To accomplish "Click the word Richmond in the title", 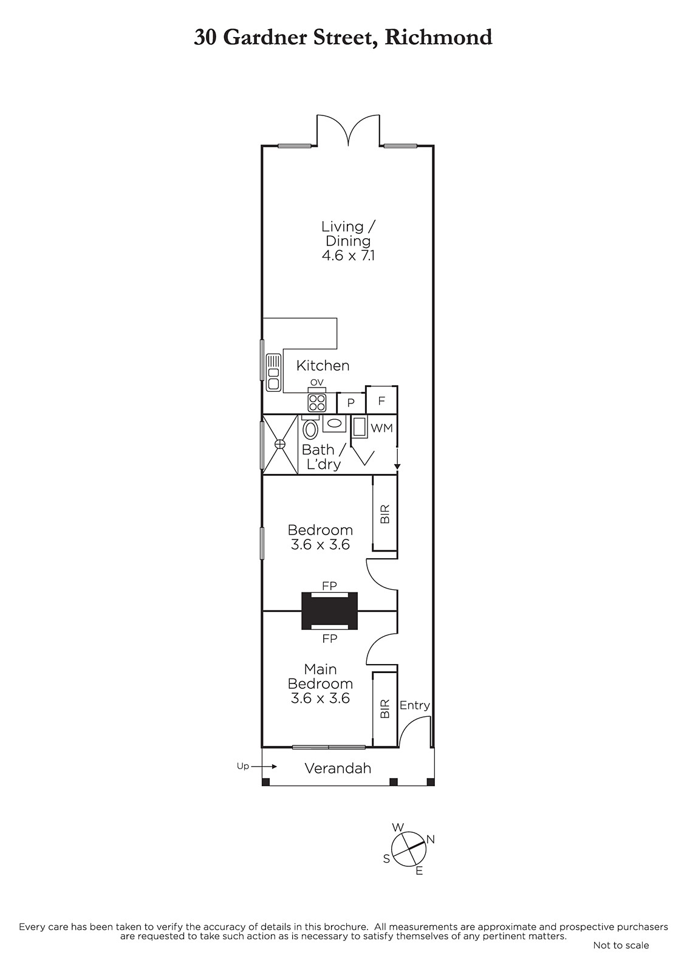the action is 439,38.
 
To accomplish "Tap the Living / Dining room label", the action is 348,233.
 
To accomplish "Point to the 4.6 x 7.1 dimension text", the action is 348,256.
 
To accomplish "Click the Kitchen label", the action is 323,365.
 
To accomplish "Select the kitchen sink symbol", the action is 273,372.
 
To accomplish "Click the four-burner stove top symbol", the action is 317,402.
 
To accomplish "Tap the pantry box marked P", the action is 351,403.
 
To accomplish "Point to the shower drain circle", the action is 280,444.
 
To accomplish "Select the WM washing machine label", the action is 381,428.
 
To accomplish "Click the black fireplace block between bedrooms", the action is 330,611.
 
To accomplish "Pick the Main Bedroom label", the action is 320,676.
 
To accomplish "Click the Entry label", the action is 414,705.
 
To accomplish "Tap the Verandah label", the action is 338,768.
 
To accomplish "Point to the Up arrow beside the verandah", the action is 264,767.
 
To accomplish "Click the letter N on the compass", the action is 431,840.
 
